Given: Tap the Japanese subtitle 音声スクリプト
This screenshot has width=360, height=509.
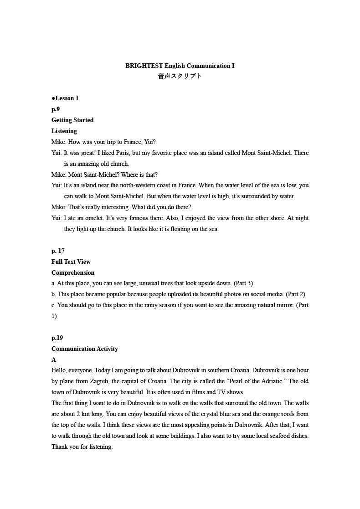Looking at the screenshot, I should pyautogui.click(x=180, y=76).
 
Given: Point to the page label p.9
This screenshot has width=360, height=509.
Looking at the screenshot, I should pyautogui.click(x=56, y=109).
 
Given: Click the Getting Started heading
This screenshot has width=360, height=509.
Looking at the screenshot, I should pyautogui.click(x=72, y=120).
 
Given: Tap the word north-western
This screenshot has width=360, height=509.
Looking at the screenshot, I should pyautogui.click(x=135, y=185).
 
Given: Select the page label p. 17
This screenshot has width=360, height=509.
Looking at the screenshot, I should pyautogui.click(x=58, y=251).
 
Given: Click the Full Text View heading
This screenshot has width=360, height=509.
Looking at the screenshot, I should pyautogui.click(x=71, y=262).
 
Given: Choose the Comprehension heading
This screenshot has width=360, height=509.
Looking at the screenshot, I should pyautogui.click(x=73, y=272).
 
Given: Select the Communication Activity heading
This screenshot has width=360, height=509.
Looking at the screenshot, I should pyautogui.click(x=85, y=349).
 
